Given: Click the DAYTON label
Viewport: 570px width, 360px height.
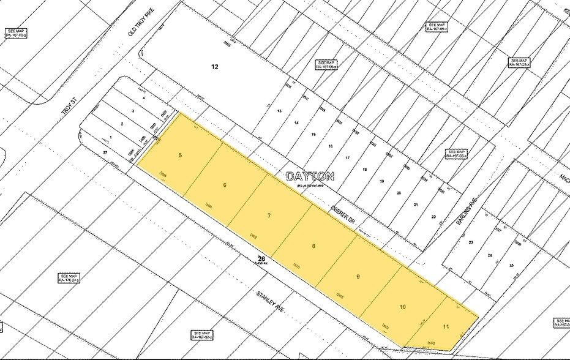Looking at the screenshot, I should click(x=310, y=176).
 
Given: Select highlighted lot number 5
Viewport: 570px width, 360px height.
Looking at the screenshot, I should click(x=180, y=155).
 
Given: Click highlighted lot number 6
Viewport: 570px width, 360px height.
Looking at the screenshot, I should click(x=225, y=185).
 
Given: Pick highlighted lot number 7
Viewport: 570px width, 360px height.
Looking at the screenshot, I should click(x=269, y=216).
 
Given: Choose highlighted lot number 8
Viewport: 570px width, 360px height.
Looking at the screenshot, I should click(x=313, y=246).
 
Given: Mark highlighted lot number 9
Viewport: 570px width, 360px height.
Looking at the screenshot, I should click(x=358, y=276).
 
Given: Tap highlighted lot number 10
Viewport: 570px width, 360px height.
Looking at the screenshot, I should click(x=402, y=306).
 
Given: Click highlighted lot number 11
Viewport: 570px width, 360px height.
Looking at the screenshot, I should click(x=446, y=326).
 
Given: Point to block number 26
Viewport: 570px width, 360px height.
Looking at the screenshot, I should click(x=261, y=258).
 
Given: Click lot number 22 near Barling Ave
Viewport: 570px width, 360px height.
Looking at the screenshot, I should click(x=433, y=217).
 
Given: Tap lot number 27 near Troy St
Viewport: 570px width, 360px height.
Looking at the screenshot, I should click(x=105, y=151).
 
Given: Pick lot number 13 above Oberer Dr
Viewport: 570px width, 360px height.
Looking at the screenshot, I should click(x=279, y=111).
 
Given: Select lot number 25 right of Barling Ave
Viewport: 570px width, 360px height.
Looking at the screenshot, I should click(x=511, y=264).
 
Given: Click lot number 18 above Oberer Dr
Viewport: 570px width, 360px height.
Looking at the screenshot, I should click(x=364, y=170).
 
